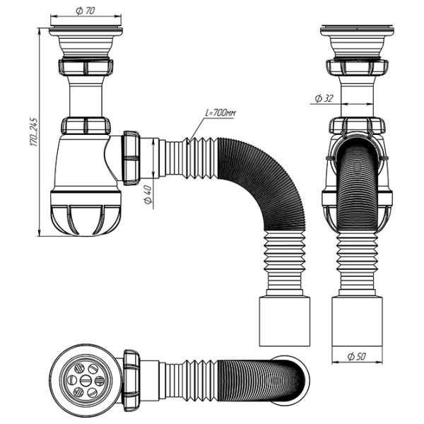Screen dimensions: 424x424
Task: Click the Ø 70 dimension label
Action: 86,11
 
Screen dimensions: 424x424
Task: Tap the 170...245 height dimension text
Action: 34,131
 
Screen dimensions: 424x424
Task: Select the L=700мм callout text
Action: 220,112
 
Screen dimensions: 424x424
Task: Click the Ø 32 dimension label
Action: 324,98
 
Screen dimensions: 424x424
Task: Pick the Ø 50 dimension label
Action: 356,357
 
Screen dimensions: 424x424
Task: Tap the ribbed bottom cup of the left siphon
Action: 86,213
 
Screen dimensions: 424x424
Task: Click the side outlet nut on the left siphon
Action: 131,158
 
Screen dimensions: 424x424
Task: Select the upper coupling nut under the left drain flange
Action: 86,66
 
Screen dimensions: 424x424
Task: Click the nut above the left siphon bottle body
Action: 86,126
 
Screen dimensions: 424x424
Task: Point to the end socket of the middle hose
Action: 285,322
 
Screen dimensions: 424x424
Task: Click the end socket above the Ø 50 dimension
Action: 357,322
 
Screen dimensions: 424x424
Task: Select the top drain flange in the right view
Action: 357,30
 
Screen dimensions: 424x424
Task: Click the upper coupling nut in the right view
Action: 357,67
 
